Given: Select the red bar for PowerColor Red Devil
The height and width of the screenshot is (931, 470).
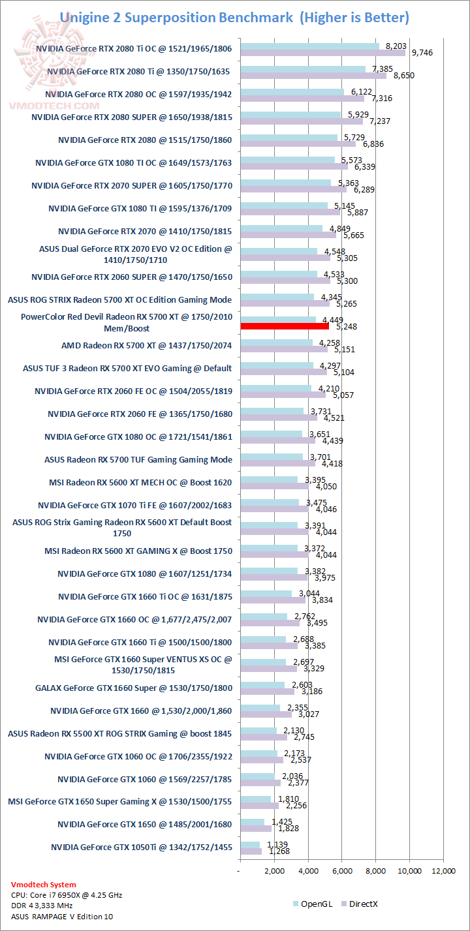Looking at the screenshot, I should (285, 326).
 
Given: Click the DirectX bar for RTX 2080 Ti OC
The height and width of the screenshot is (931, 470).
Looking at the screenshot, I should (322, 53).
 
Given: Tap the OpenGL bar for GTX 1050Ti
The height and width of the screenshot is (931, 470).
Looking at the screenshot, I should (250, 845).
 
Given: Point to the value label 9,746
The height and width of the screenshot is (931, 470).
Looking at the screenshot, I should (421, 53).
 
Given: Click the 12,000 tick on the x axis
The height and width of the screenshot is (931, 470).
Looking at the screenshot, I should (443, 871).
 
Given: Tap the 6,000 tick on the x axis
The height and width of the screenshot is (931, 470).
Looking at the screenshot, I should (342, 871).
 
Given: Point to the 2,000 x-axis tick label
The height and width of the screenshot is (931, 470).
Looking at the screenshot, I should (274, 871).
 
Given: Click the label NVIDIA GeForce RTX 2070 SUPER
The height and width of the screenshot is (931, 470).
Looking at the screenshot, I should (131, 185).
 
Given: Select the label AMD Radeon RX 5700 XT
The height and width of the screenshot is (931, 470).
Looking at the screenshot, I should (146, 345).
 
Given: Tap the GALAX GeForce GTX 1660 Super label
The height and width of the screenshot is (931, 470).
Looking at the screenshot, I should (133, 688).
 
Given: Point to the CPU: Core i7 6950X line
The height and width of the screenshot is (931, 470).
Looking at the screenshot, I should (67, 895).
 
